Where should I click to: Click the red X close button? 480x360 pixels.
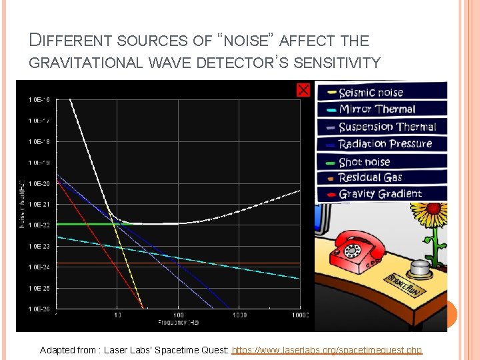[x=303, y=89]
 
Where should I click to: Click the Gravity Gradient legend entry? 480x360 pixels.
[x=381, y=194]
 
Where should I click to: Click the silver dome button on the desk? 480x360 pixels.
[x=421, y=268]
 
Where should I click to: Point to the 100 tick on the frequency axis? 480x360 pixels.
[x=178, y=315]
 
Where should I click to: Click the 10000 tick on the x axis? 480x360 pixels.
[x=299, y=315]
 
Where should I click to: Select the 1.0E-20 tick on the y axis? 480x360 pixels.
[x=39, y=183]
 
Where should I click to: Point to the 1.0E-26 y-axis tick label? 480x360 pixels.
[x=39, y=309]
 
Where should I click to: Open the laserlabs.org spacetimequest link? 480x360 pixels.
[x=327, y=350]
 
